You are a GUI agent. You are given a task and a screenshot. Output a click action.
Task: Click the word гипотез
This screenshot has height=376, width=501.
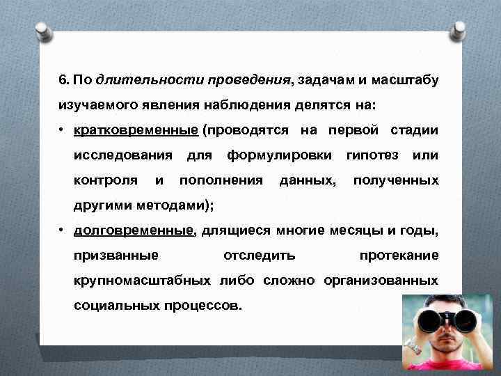372,155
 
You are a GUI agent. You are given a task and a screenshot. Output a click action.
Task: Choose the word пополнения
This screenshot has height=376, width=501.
221,180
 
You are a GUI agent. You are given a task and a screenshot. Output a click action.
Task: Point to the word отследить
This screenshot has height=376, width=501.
259,256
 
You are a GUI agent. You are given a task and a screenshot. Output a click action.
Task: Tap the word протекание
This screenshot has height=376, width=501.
399,256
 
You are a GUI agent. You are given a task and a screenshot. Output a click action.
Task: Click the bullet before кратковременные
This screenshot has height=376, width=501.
63,130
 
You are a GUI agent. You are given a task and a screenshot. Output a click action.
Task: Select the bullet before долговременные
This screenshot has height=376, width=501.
63,231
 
